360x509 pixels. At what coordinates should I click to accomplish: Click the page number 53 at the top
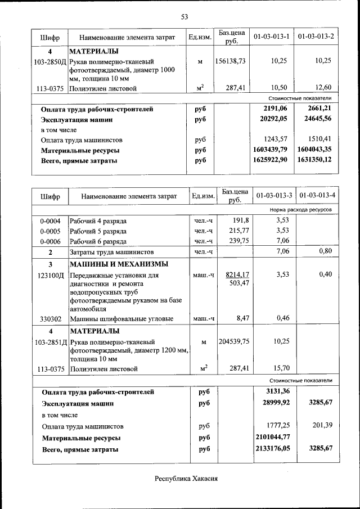point(184,17)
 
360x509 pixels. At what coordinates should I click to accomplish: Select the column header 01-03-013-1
point(272,37)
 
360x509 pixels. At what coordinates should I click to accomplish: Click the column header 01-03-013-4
point(318,196)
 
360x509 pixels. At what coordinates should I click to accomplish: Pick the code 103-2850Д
point(50,61)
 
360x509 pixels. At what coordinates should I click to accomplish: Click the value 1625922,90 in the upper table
point(271,160)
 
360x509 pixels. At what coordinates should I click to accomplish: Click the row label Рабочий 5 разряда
point(98,231)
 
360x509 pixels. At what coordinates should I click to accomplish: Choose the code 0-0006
point(50,241)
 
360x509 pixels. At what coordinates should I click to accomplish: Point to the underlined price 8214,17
point(237,274)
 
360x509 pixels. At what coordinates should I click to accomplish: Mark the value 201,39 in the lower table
point(321,426)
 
